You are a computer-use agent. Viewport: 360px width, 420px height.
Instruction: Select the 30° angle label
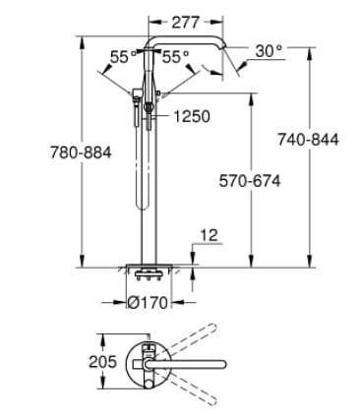point(269,50)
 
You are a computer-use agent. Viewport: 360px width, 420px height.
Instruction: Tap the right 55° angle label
point(175,58)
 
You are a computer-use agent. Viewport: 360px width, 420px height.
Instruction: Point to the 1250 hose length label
point(191,116)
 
